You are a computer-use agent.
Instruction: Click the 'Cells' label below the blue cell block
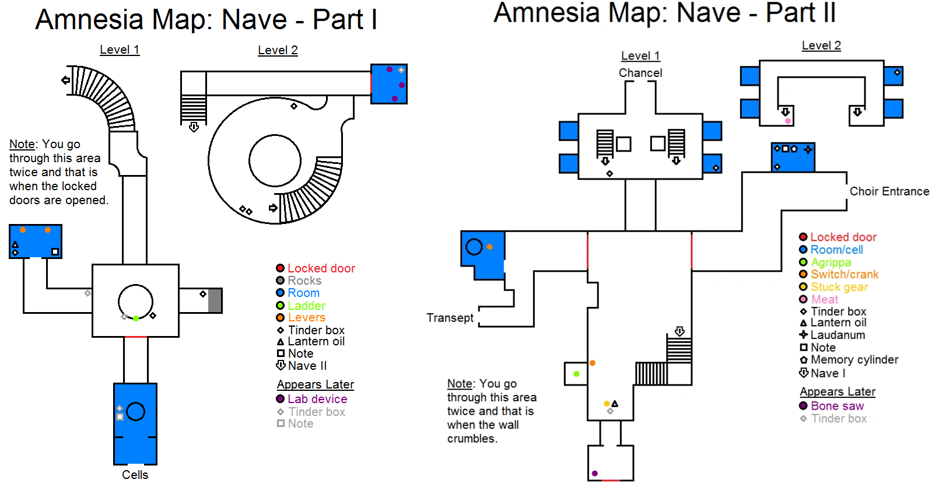coord(135,475)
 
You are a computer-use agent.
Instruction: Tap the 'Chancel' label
coord(640,73)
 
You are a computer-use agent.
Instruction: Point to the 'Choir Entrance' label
coord(889,191)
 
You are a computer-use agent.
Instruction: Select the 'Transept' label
coord(450,318)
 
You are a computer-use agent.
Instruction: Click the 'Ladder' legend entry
coord(306,306)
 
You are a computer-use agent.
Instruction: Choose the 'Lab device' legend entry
coord(317,399)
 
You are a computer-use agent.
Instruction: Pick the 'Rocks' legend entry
coord(304,281)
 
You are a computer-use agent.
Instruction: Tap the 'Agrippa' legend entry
coord(831,262)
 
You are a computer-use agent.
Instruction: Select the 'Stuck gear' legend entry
coord(839,287)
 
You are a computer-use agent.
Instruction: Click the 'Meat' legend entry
coord(824,299)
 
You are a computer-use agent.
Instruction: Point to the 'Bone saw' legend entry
coord(837,406)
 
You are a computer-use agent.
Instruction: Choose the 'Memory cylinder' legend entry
coord(854,360)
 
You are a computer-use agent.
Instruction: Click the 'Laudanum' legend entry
coord(838,335)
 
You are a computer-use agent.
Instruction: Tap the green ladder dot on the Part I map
coord(136,318)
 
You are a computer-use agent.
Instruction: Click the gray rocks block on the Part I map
coord(215,300)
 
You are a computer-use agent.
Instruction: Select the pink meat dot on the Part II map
coord(788,121)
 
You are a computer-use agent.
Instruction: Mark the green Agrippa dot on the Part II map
coord(576,374)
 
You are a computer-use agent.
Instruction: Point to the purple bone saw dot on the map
coord(595,473)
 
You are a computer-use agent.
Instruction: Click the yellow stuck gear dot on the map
coord(607,403)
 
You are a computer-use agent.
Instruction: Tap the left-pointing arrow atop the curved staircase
coord(66,80)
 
